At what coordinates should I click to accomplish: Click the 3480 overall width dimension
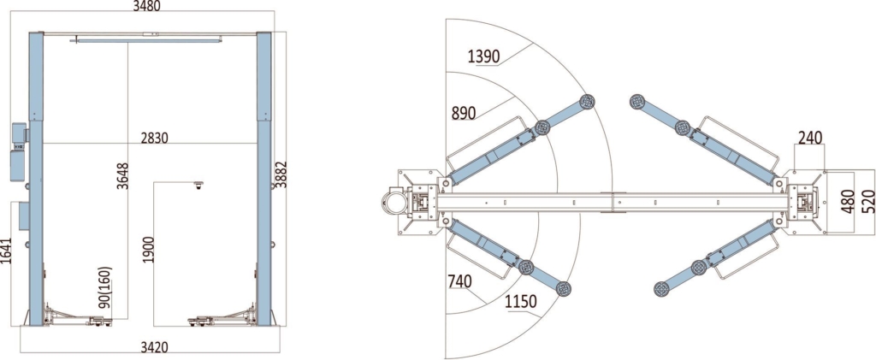147,6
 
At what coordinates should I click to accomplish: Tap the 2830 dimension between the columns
154,138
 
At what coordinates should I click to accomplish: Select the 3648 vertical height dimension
122,176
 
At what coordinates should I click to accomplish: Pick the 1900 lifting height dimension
148,250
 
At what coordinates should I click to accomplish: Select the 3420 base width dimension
154,347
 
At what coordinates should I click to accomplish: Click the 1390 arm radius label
484,56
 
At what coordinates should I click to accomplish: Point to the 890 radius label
464,114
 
